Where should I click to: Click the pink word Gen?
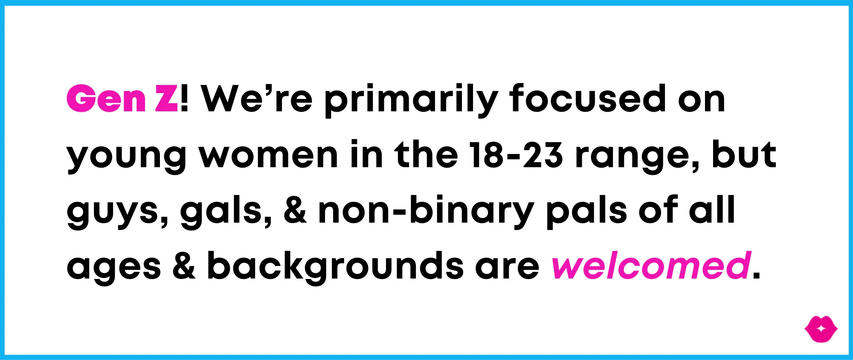tap(106, 99)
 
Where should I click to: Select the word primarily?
tap(411, 101)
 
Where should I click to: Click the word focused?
tap(588, 99)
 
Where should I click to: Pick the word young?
tap(127, 158)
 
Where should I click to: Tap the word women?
tap(269, 155)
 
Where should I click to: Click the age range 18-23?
tap(516, 154)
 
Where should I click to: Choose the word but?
tap(744, 154)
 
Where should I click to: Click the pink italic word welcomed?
tap(651, 265)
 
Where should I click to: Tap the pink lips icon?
tap(821, 329)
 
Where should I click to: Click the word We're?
tap(257, 99)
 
